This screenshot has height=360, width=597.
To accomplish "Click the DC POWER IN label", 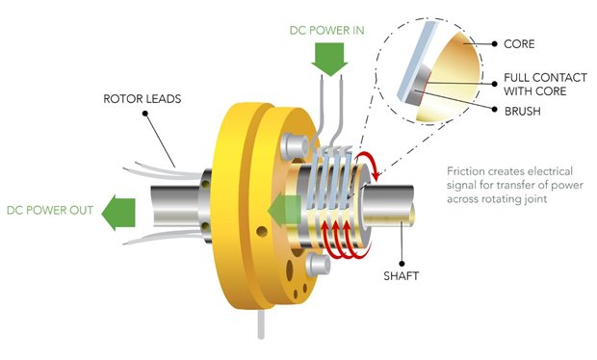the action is click(326, 31).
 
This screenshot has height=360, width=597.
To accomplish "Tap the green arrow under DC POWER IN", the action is click(329, 59).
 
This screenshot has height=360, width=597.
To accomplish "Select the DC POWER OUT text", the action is click(50, 210).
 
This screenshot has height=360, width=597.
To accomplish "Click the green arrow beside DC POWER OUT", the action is click(118, 213).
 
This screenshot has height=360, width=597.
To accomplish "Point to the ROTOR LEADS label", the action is click(142, 99).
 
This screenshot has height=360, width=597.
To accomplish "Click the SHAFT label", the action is click(401, 275).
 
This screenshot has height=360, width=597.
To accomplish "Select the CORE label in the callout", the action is click(519, 43).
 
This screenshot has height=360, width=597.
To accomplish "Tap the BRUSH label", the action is click(522, 111).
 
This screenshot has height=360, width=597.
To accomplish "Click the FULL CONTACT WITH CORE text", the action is click(545, 85).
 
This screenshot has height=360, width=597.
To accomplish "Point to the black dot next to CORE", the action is click(494, 43).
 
